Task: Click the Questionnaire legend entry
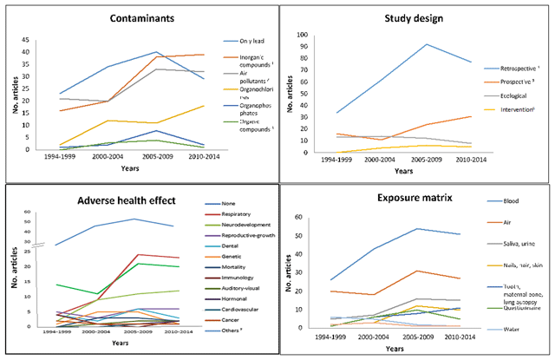(499, 305)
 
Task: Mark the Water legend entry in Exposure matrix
(490, 329)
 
